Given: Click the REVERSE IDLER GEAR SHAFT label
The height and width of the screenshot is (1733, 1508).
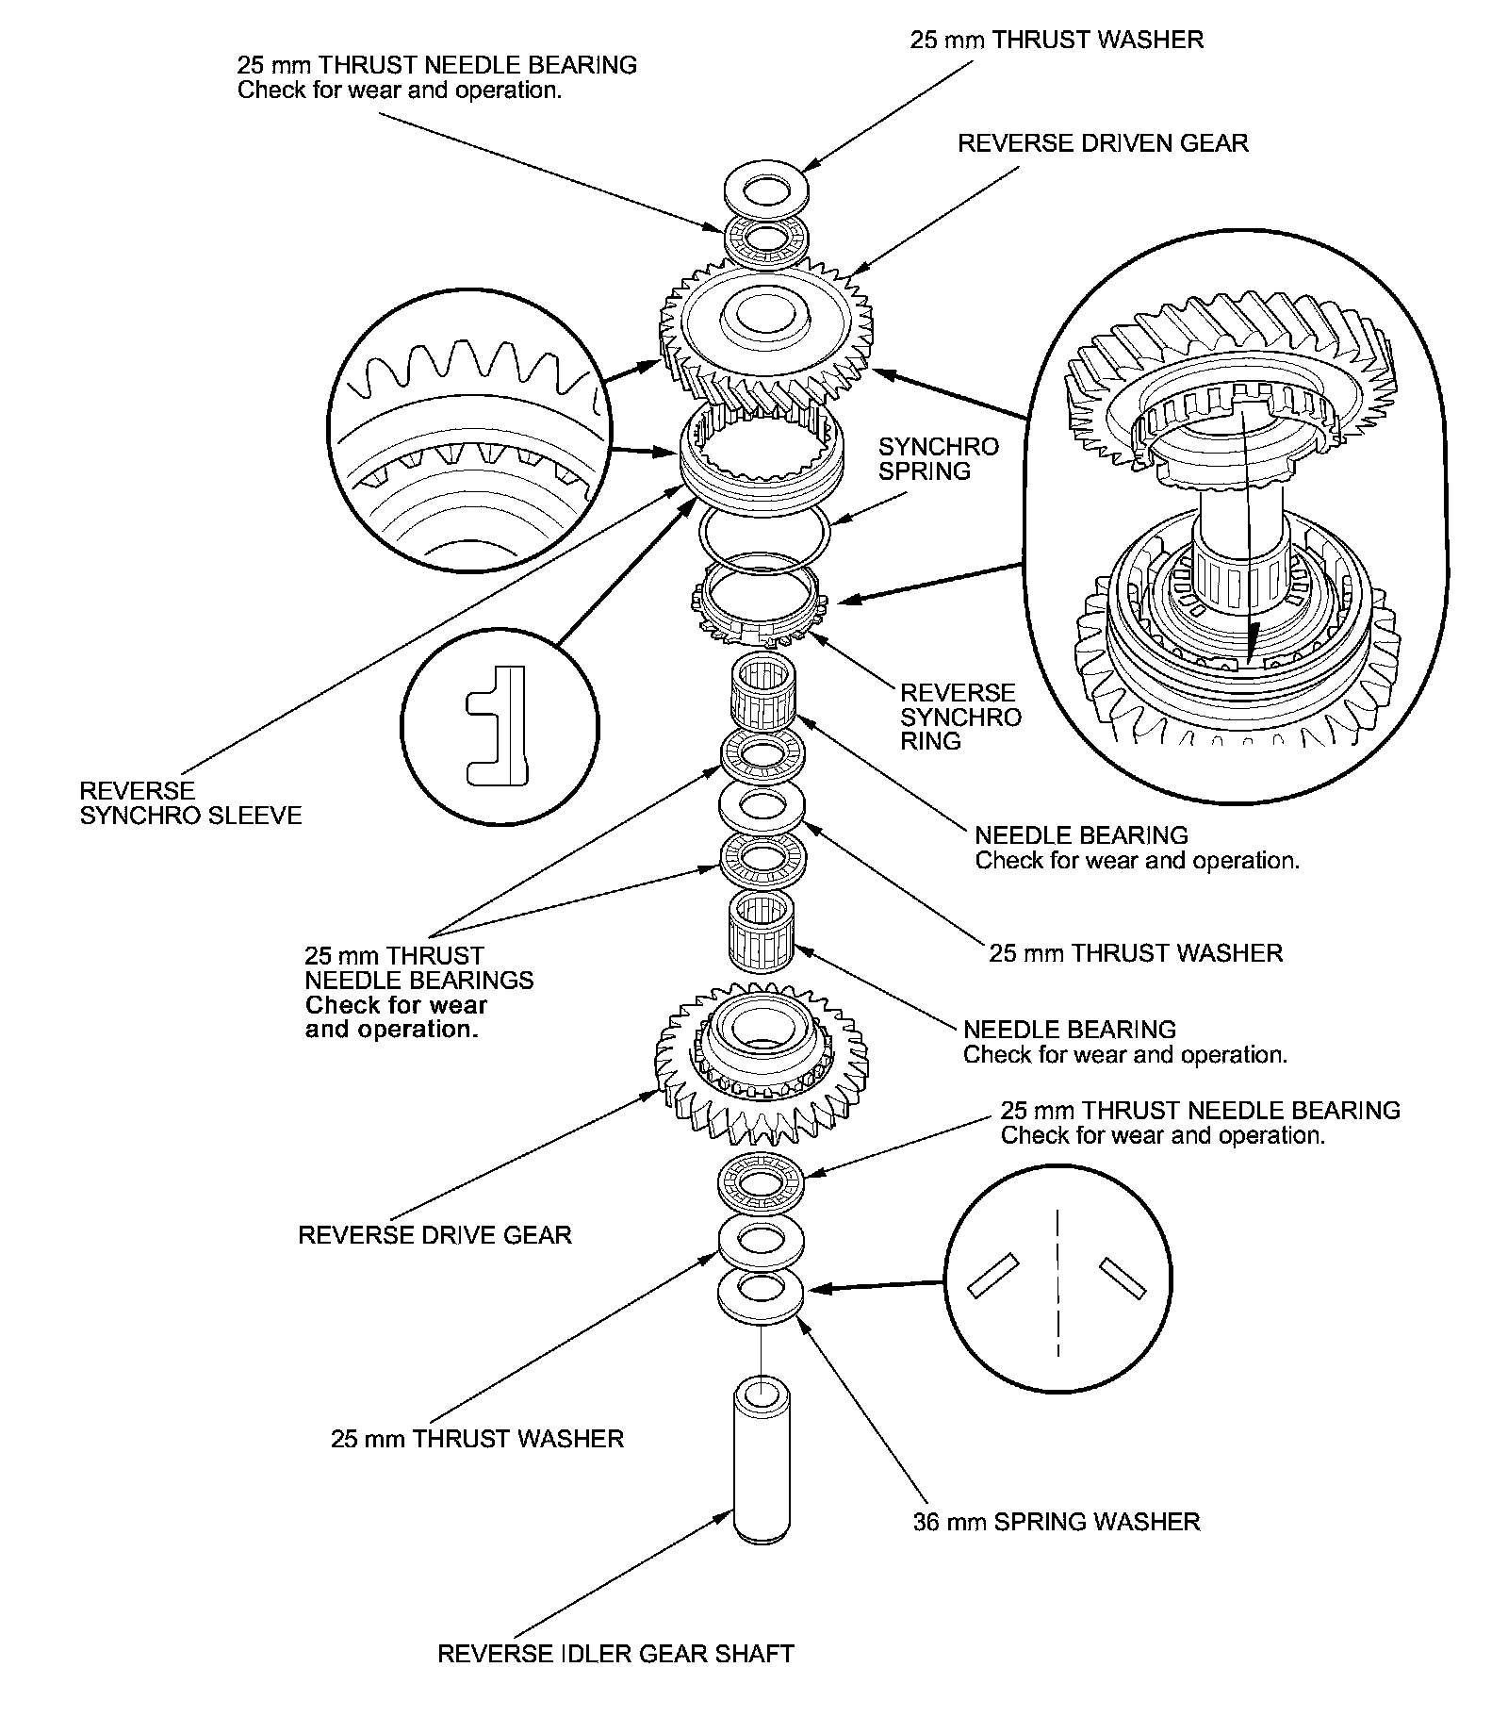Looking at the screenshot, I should [615, 1679].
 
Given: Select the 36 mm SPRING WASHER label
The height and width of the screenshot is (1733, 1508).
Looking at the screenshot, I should [1057, 1522].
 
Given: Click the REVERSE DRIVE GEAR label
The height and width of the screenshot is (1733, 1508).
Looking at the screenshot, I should [434, 1235].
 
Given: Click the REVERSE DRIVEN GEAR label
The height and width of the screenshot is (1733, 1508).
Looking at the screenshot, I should [1103, 143].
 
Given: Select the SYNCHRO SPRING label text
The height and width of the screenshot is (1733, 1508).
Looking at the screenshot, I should [938, 458].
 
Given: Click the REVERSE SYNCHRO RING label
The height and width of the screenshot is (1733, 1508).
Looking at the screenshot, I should [959, 717].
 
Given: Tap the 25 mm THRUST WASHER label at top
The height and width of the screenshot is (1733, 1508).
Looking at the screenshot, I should [1057, 40].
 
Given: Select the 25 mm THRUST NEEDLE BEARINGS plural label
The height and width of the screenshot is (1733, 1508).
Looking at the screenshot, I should [418, 992].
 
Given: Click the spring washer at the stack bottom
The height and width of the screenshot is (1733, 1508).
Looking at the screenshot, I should [760, 1295].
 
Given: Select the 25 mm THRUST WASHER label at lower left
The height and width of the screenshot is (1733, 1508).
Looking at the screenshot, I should [477, 1439].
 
